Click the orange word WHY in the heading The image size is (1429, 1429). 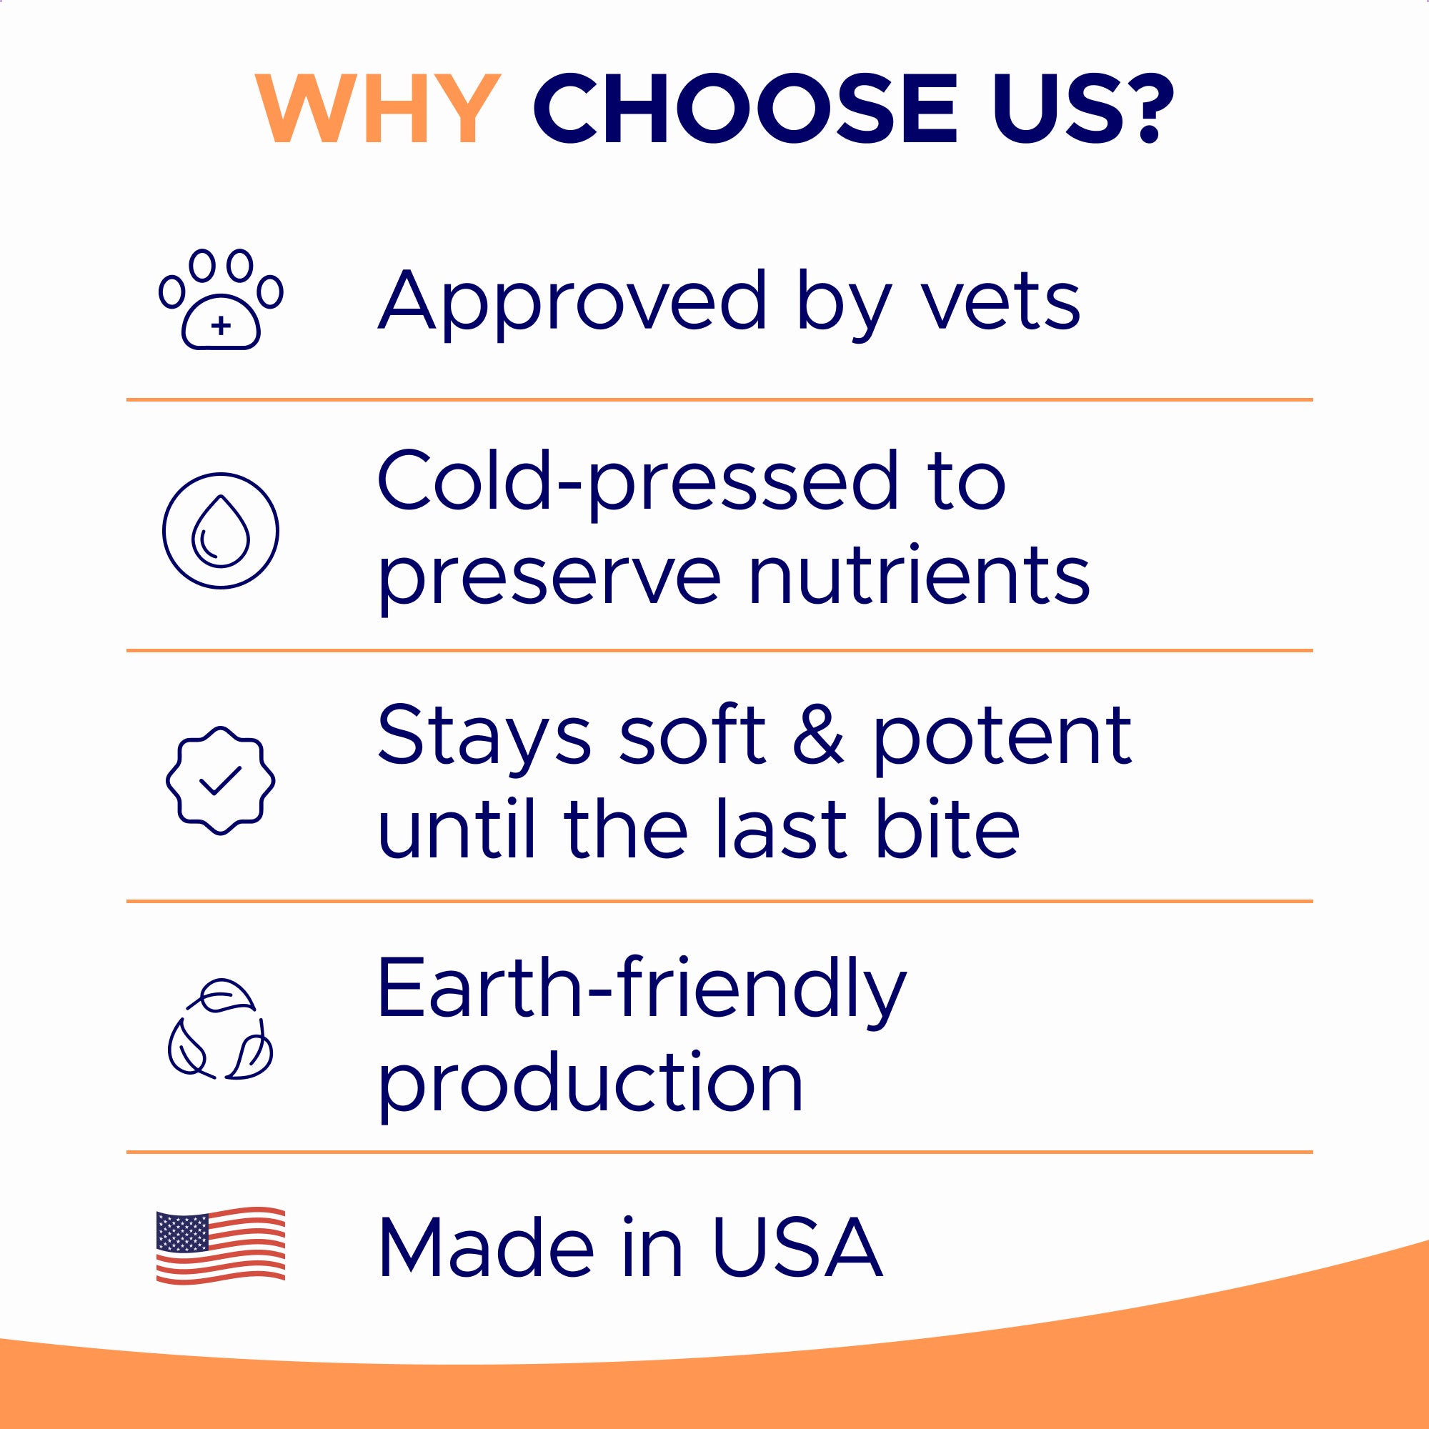(377, 109)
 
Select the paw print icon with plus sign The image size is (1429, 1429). (220, 299)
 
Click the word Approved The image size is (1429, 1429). (572, 302)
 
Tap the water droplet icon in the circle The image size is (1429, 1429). (220, 531)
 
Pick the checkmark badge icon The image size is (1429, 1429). (220, 781)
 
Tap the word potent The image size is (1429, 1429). (1002, 737)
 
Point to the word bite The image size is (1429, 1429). (947, 828)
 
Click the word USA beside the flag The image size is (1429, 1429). (797, 1248)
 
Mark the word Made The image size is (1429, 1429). (486, 1248)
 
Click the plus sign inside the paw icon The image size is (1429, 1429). (220, 325)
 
